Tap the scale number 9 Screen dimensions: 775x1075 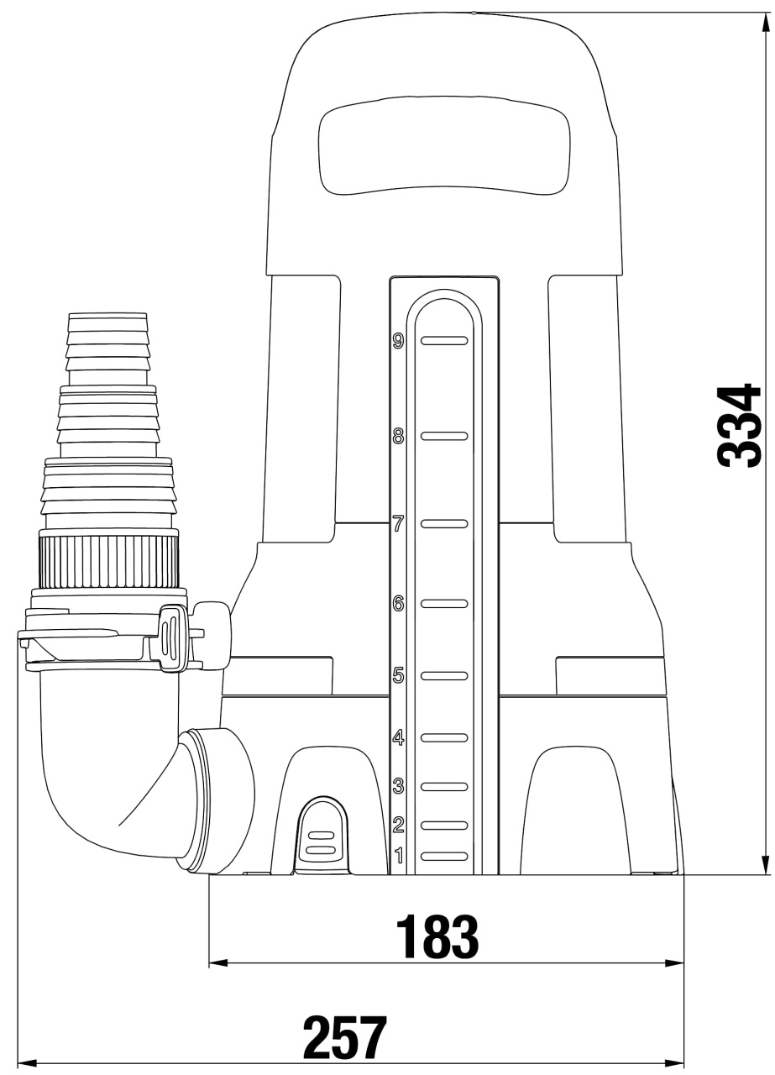click(398, 341)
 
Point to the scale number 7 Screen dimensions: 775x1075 click(398, 523)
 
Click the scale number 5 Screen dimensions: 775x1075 click(398, 675)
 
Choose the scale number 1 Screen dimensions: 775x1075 click(398, 855)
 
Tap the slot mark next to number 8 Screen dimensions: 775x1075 click(444, 436)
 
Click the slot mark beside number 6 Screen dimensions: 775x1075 click(444, 603)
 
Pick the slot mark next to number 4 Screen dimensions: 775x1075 click(444, 737)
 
